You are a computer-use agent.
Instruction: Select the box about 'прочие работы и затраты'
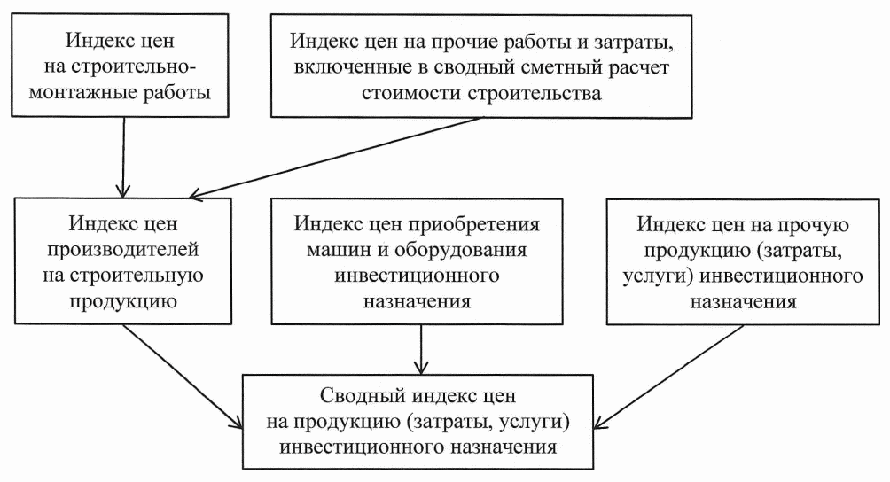tap(478, 66)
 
